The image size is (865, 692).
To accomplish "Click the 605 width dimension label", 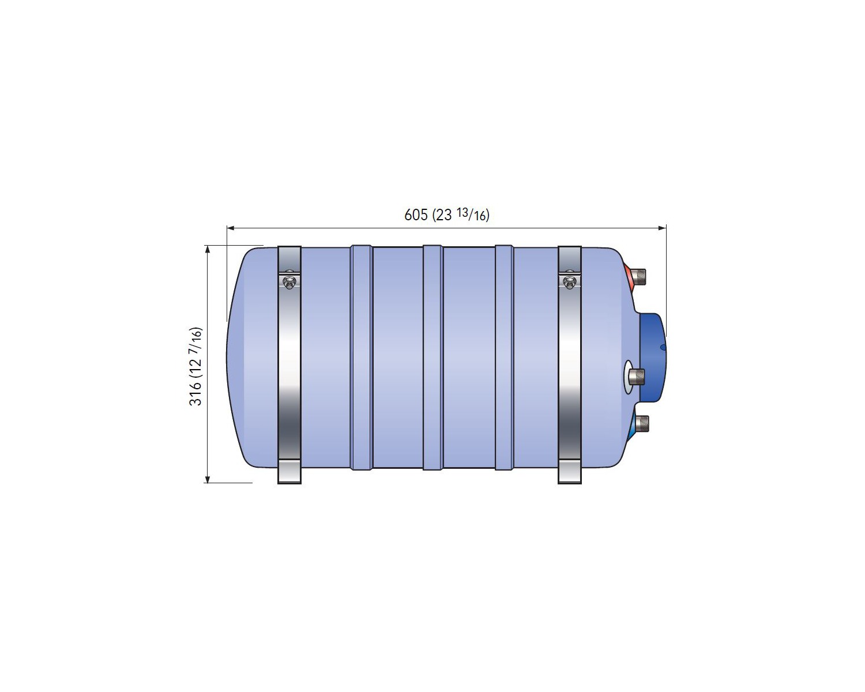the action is pyautogui.click(x=446, y=215).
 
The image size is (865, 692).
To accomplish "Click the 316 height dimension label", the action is pyautogui.click(x=197, y=366).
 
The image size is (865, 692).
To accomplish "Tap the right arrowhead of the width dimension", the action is pyautogui.click(x=662, y=228).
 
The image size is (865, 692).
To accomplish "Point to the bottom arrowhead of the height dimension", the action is pyautogui.click(x=208, y=479).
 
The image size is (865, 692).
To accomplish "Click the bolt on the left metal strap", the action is pyautogui.click(x=288, y=282).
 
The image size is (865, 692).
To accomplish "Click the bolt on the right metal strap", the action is pyautogui.click(x=569, y=282).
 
